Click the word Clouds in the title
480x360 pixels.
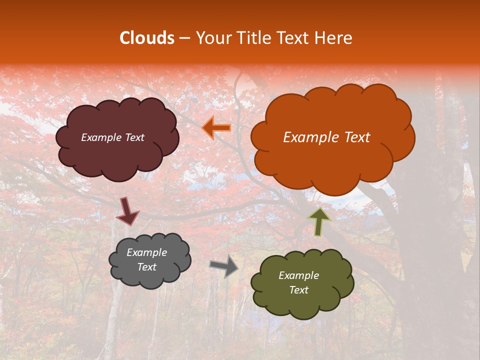pos(147,38)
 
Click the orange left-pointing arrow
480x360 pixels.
pos(216,128)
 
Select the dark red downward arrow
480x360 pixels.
pos(127,211)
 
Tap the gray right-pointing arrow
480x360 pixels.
pos(224,265)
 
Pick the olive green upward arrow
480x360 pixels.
pos(319,221)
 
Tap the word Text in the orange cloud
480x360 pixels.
pos(353,137)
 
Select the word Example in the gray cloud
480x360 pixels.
pos(146,252)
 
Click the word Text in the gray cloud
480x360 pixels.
pos(146,267)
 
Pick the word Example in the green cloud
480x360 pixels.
pos(298,275)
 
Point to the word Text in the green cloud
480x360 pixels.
pos(298,290)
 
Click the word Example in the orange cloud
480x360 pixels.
pos(308,137)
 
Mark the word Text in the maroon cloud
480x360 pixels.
pos(134,137)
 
